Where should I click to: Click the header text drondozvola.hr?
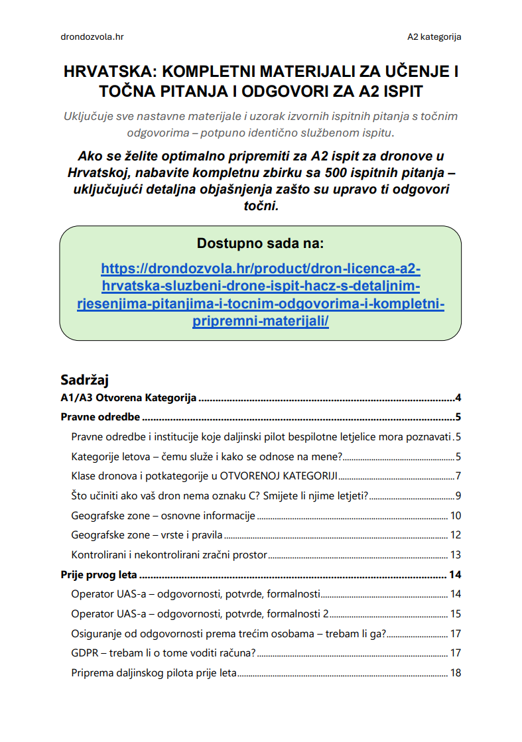tap(92, 36)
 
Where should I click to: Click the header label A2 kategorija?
tap(434, 36)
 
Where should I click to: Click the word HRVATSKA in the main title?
tap(105, 71)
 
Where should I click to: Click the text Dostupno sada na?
tap(261, 243)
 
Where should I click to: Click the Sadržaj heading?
tap(84, 380)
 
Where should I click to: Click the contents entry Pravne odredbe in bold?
tap(100, 417)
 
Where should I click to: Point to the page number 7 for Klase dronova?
tap(458, 477)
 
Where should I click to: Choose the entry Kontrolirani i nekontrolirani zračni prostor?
tap(169, 555)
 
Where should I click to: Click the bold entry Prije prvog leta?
tap(99, 575)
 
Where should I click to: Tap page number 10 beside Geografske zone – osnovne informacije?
tap(455, 516)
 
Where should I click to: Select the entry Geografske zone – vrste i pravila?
tap(147, 535)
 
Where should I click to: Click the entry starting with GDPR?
tap(163, 653)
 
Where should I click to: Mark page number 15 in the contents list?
tap(455, 614)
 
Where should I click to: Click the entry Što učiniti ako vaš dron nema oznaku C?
tap(220, 496)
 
